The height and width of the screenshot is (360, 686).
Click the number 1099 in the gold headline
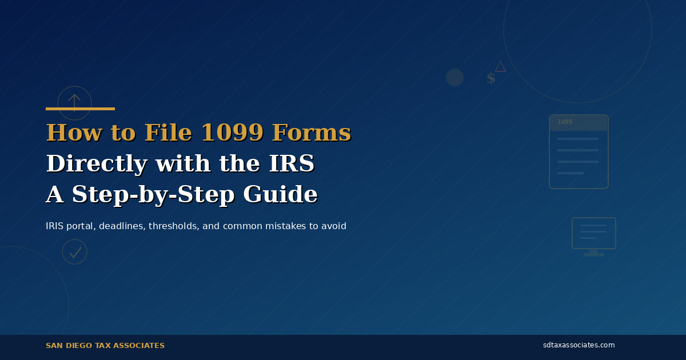click(x=232, y=133)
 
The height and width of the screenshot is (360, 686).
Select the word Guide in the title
click(x=280, y=195)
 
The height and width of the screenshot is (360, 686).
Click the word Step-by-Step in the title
click(x=153, y=195)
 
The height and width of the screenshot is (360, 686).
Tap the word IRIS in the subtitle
click(x=55, y=226)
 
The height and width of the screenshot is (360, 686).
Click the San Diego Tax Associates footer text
click(x=105, y=346)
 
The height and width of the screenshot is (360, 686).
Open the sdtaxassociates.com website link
click(x=579, y=345)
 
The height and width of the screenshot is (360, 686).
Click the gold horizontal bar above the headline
click(x=80, y=109)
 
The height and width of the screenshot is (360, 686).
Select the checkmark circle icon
click(x=74, y=251)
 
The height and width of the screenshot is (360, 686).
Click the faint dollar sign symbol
click(x=490, y=79)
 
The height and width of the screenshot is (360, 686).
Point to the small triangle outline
click(x=500, y=66)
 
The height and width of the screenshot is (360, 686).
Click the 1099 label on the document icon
click(x=565, y=122)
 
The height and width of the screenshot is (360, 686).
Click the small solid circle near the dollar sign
click(x=454, y=77)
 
